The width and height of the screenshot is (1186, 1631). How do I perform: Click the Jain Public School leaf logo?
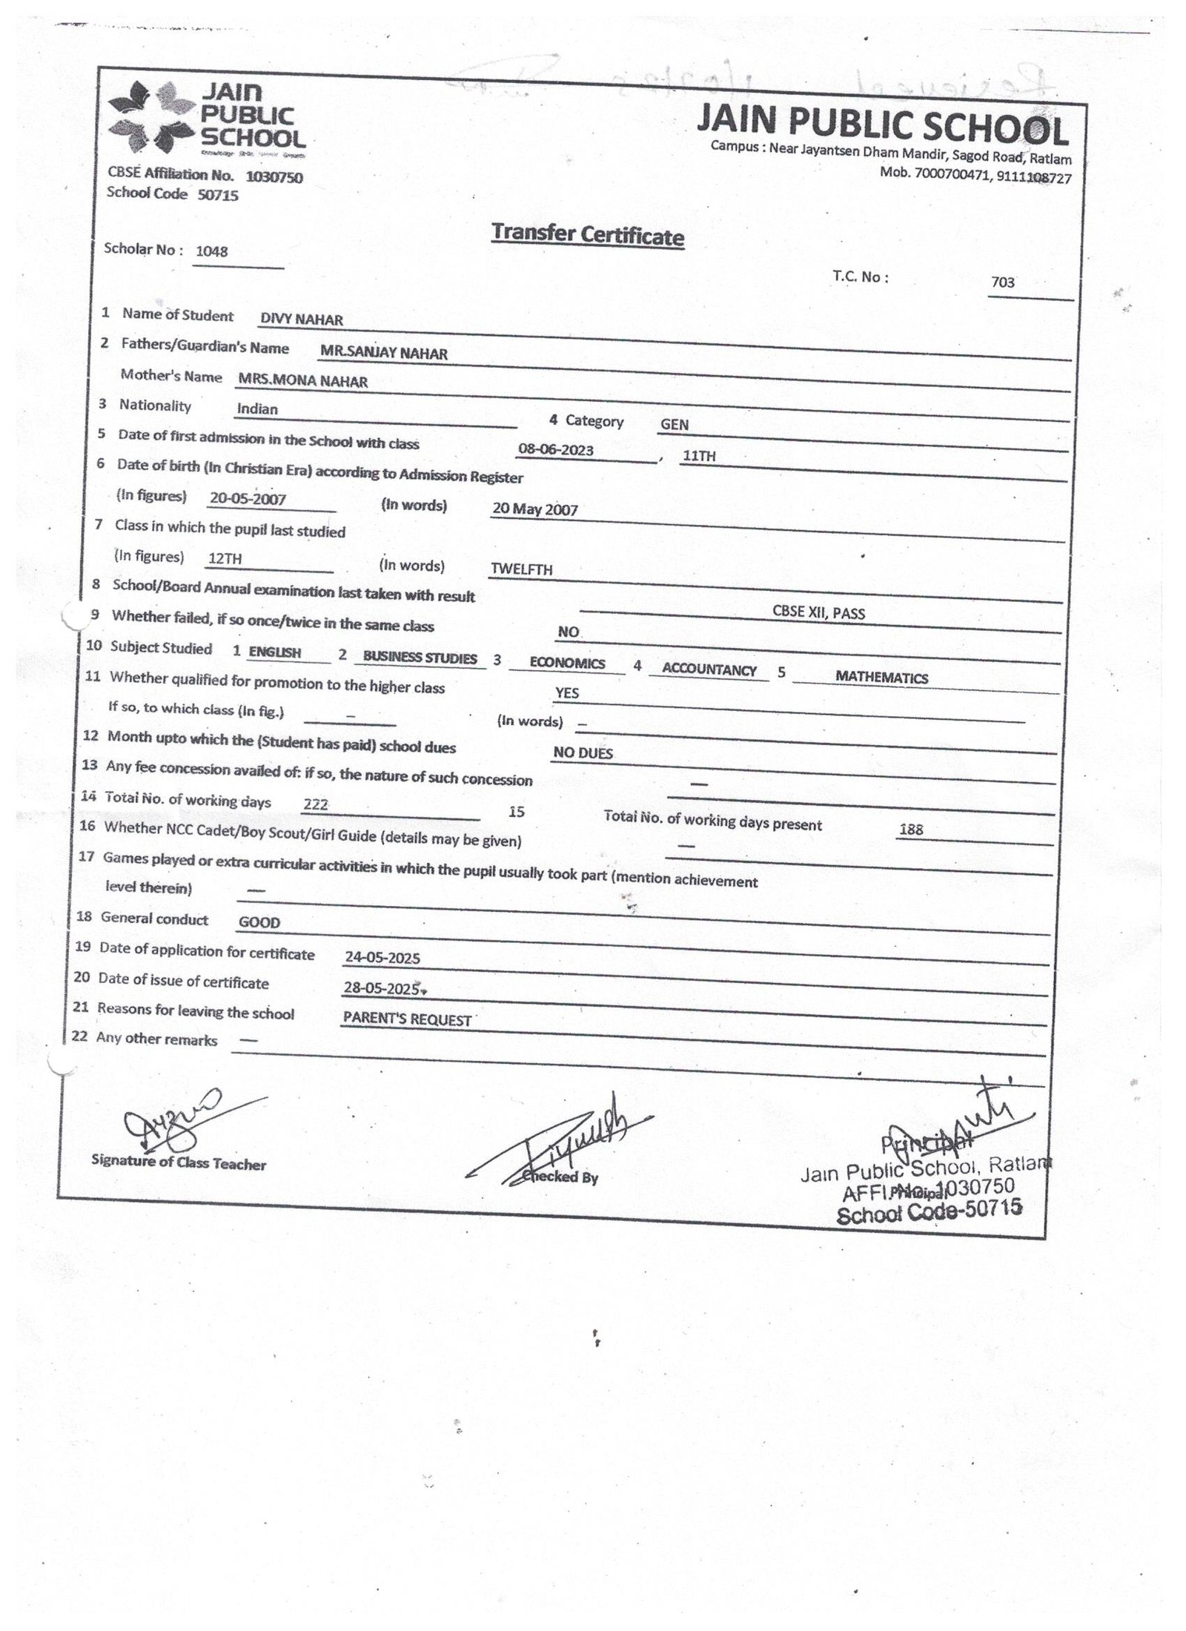tap(151, 118)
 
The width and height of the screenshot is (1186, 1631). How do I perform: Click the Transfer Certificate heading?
tap(587, 234)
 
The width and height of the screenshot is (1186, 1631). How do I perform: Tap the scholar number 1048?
tap(211, 251)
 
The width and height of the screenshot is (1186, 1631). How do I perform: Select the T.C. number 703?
tap(1002, 282)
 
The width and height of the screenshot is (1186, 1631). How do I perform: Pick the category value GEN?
tap(675, 425)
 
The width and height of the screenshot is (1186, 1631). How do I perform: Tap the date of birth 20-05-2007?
tap(248, 499)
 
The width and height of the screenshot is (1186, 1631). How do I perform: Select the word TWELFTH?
tap(522, 569)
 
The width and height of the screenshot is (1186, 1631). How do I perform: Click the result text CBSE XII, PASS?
tap(818, 613)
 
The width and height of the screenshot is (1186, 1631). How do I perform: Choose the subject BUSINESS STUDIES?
tap(420, 658)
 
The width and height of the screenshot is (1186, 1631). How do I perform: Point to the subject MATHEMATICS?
tap(881, 678)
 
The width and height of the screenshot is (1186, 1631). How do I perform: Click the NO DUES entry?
tap(583, 753)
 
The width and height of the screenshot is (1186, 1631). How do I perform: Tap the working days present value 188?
tap(910, 830)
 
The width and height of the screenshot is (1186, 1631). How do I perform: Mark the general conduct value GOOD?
tap(259, 923)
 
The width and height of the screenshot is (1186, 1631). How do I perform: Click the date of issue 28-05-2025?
tap(382, 988)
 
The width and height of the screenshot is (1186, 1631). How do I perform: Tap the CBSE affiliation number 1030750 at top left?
tap(274, 177)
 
